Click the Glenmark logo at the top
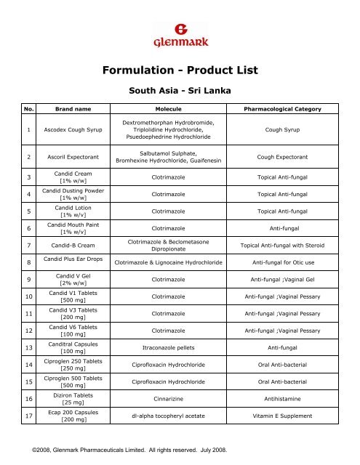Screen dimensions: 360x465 180,33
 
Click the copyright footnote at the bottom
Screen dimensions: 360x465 133,450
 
